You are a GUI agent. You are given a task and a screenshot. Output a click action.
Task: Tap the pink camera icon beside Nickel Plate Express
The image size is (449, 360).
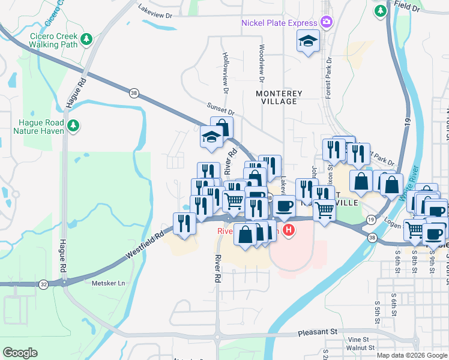click(327, 22)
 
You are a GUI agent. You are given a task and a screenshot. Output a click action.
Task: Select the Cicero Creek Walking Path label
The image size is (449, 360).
click(54, 40)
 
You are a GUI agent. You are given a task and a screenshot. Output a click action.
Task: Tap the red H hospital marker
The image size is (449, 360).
click(289, 230)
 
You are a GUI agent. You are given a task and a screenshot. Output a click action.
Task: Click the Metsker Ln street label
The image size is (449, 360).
click(109, 283)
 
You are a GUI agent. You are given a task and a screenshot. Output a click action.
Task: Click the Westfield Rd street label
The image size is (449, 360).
click(145, 247)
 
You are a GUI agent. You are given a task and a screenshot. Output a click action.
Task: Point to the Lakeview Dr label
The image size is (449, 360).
click(155, 10)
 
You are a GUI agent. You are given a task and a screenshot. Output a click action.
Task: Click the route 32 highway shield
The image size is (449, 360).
click(44, 283)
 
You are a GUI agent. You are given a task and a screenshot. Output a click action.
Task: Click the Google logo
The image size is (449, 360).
click(20, 352)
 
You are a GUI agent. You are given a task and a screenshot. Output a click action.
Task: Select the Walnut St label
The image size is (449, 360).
click(361, 347)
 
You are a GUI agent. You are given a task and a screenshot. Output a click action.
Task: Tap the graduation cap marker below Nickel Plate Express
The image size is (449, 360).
click(308, 40)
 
